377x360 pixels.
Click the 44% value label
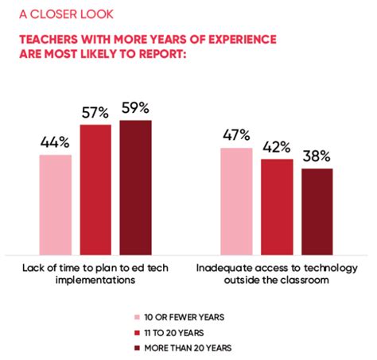click(x=55, y=143)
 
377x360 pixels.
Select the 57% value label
click(x=95, y=114)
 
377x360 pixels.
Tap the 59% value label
click(x=135, y=108)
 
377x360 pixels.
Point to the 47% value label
click(x=237, y=135)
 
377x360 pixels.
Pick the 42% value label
click(x=277, y=148)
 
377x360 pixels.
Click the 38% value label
click(x=317, y=157)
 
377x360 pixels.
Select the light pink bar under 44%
click(x=56, y=203)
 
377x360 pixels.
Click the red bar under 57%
click(x=95, y=188)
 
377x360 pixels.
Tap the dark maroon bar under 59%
click(x=135, y=186)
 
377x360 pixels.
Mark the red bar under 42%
click(x=277, y=205)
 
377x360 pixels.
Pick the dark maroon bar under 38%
click(x=317, y=210)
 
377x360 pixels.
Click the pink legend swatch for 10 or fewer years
click(x=138, y=315)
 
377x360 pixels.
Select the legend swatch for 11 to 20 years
click(x=138, y=331)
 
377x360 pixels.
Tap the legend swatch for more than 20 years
click(x=138, y=347)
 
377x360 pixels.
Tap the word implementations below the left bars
click(x=95, y=280)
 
